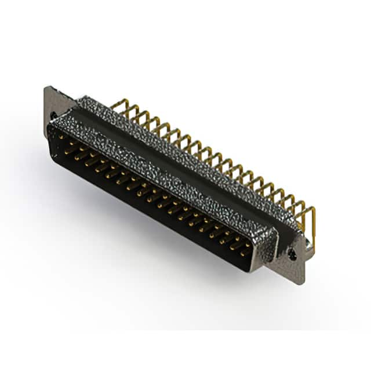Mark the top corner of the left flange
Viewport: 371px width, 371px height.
(x=46, y=88)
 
